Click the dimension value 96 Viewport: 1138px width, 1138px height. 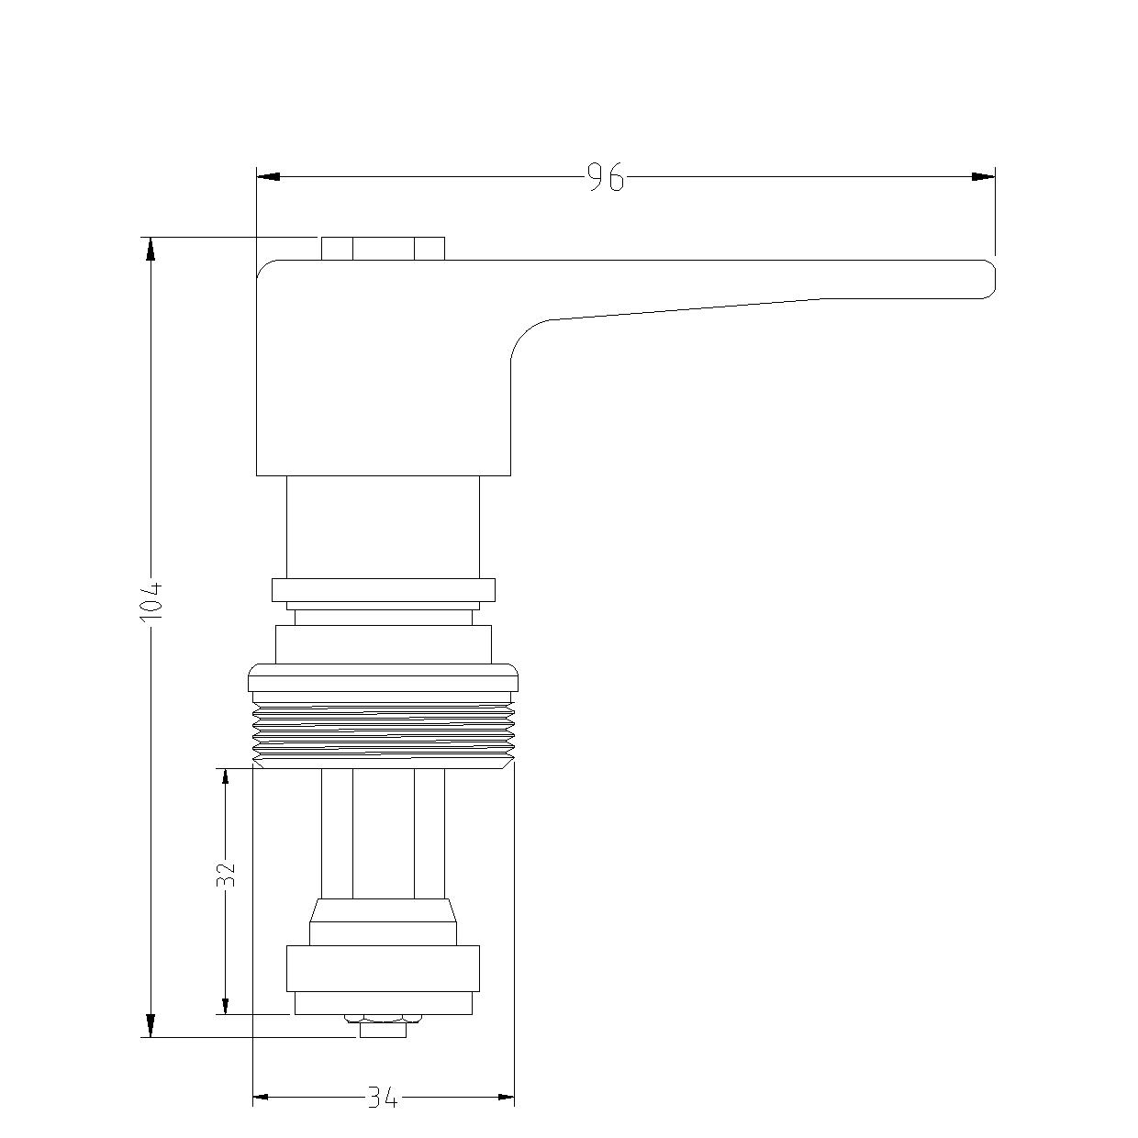pyautogui.click(x=606, y=177)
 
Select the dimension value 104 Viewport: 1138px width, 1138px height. pyautogui.click(x=151, y=600)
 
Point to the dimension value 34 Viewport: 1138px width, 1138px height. pyautogui.click(x=384, y=1098)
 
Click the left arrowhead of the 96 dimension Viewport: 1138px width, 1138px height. pyautogui.click(x=268, y=176)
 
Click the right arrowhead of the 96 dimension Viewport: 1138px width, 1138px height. pyautogui.click(x=983, y=176)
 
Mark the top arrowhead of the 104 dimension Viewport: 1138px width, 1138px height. pyautogui.click(x=151, y=249)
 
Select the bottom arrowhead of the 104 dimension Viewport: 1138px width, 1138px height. pyautogui.click(x=151, y=1025)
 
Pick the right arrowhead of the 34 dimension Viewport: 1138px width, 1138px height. pyautogui.click(x=506, y=1097)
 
